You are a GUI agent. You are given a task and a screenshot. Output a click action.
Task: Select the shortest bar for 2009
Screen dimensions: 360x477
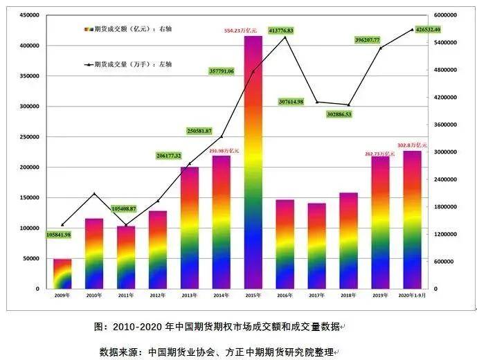(x=62, y=274)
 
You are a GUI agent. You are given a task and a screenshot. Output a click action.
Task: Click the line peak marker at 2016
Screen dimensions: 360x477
(x=285, y=37)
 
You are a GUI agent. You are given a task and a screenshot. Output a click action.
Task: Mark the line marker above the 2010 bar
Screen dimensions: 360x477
(x=94, y=194)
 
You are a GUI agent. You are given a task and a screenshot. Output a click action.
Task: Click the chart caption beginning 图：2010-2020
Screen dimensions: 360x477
(x=219, y=326)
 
